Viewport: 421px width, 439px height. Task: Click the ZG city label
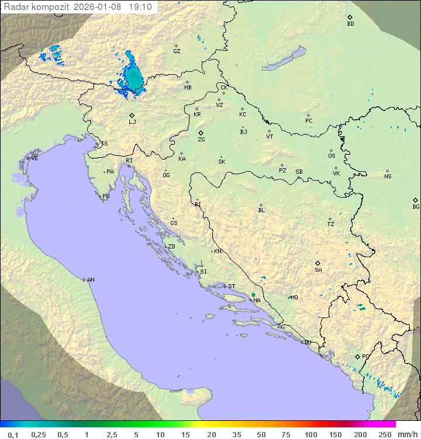(x=201, y=140)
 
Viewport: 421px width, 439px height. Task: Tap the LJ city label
(x=132, y=122)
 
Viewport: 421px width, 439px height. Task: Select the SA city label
(x=318, y=269)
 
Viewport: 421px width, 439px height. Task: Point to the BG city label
(x=416, y=206)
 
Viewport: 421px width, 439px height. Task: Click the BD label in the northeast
(x=350, y=24)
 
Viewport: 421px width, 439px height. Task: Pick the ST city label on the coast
(x=231, y=286)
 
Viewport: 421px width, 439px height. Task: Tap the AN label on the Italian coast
(x=91, y=280)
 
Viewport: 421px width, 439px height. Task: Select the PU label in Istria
(x=106, y=196)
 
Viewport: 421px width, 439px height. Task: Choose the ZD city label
(x=171, y=247)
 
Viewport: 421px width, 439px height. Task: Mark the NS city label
(x=388, y=177)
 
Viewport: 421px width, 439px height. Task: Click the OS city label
(x=332, y=156)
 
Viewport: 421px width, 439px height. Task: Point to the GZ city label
(x=177, y=51)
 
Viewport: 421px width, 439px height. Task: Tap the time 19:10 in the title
(x=140, y=7)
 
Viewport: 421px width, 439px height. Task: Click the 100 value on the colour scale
(x=310, y=434)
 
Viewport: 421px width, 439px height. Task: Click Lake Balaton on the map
(x=284, y=59)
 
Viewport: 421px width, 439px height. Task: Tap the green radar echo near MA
(x=253, y=295)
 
